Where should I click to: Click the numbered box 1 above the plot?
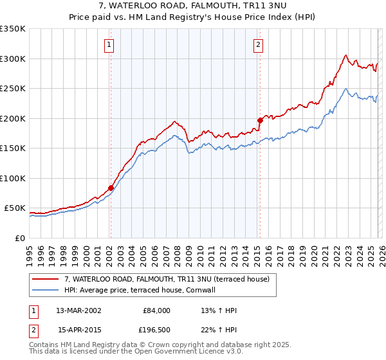[110, 45]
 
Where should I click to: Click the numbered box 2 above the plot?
[258, 45]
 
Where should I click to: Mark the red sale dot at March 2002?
[111, 188]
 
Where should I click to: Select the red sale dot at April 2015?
[260, 120]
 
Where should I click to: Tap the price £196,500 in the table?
[154, 330]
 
